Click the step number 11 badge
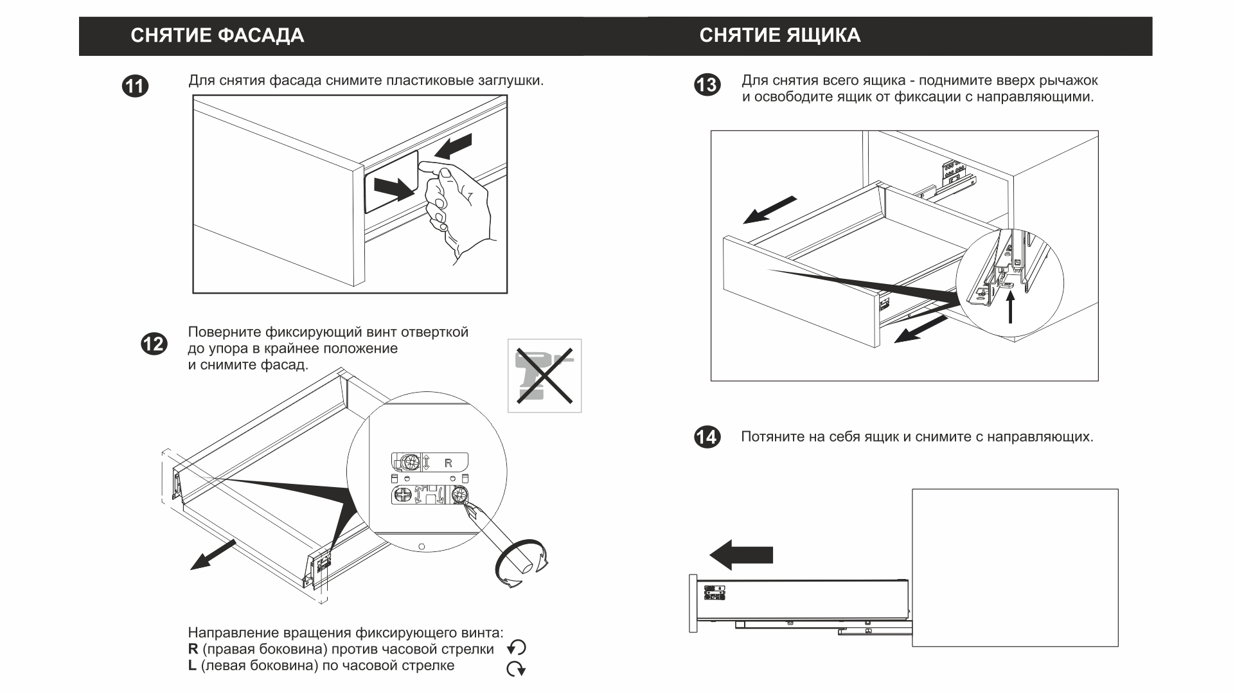tap(136, 86)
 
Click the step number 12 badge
tap(154, 344)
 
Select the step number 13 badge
tap(707, 85)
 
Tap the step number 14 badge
tap(707, 438)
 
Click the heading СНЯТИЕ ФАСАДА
tap(217, 35)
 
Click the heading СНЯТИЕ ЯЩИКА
tap(779, 35)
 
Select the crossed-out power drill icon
tap(544, 376)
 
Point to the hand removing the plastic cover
tap(458, 206)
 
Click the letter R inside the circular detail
tap(449, 463)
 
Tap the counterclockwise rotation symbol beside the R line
tap(517, 648)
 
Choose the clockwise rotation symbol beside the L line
tap(516, 669)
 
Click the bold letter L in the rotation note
tap(192, 666)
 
